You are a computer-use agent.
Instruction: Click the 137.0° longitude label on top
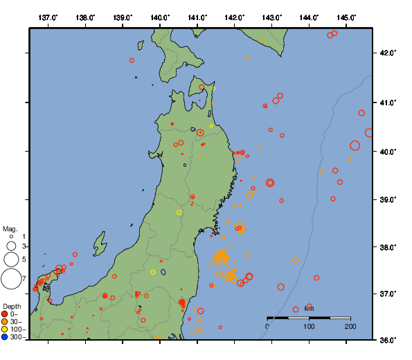[x=48, y=17]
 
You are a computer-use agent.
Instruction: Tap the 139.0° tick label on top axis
[x=122, y=17]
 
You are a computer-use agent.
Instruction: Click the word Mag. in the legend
[x=10, y=228]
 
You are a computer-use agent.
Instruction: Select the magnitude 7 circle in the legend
[x=10, y=279]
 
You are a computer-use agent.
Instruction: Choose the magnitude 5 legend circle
[x=10, y=259]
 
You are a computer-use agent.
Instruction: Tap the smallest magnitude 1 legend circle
[x=10, y=237]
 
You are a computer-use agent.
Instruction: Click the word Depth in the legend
[x=12, y=306]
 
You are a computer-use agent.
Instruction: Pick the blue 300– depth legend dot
[x=5, y=337]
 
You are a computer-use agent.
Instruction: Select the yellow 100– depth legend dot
[x=5, y=330]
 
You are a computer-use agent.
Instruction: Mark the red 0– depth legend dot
[x=5, y=314]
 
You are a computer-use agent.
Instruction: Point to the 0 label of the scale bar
[x=268, y=325]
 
